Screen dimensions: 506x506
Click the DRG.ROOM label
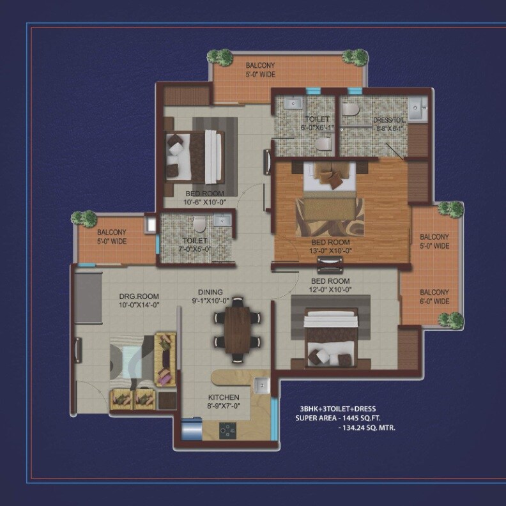pyautogui.click(x=139, y=300)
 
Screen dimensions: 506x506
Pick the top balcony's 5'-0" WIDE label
pyautogui.click(x=260, y=75)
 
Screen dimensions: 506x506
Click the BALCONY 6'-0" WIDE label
pyautogui.click(x=434, y=296)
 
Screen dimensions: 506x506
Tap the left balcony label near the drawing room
pyautogui.click(x=112, y=237)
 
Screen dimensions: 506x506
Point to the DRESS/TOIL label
pyautogui.click(x=389, y=124)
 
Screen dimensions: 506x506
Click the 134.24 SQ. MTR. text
pyautogui.click(x=366, y=427)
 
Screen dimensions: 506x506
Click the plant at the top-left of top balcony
pyautogui.click(x=222, y=56)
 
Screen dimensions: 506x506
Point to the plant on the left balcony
pyautogui.click(x=84, y=218)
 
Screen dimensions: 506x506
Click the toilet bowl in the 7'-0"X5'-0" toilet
pyautogui.click(x=199, y=224)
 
